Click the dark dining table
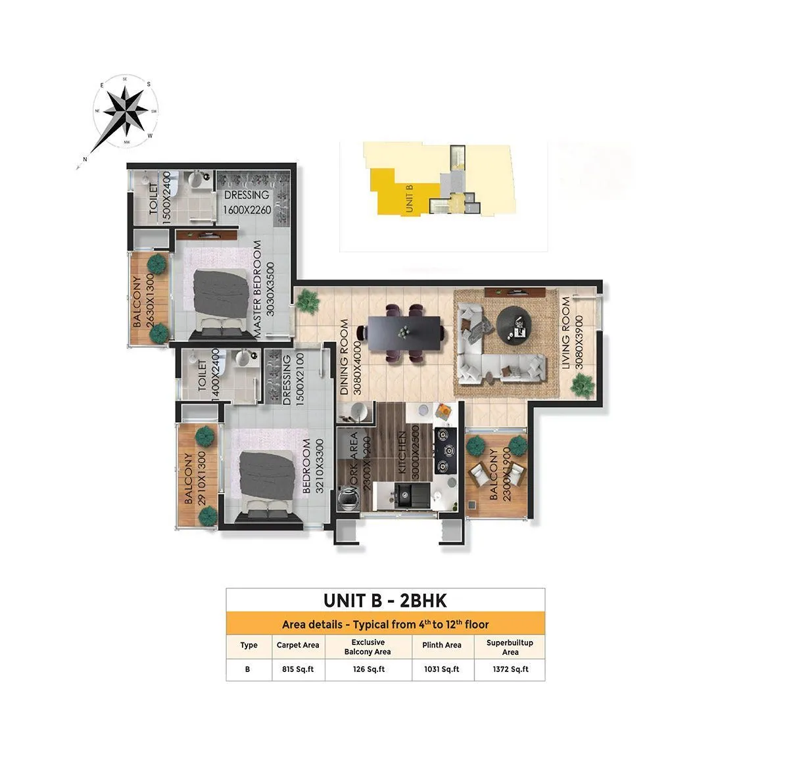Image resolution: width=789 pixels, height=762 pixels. pos(404,333)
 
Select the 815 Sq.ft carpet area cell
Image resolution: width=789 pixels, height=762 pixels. pos(298,669)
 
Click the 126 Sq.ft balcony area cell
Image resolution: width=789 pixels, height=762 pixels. pos(367,669)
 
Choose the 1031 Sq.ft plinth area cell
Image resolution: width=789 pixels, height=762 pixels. pos(441,669)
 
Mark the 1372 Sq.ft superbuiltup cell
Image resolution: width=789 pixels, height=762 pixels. pos(510,669)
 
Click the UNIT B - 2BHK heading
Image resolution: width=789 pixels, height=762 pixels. pos(385,601)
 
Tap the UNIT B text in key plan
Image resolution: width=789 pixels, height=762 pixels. pos(409,197)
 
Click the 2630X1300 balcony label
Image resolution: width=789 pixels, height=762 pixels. pos(144,302)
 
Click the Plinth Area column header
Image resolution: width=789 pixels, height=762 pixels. pos(441,646)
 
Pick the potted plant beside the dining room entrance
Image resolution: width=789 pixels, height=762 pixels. pos(306,302)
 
